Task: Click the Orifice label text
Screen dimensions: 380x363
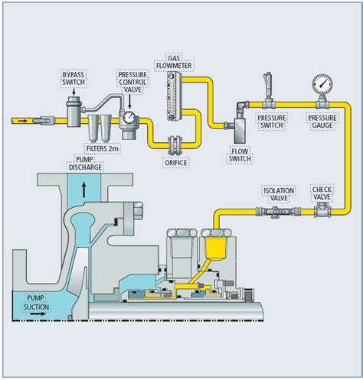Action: [175, 162]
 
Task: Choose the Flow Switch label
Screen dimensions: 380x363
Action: [241, 155]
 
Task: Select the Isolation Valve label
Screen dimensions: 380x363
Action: [275, 193]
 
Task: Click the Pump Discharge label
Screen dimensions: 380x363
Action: [85, 163]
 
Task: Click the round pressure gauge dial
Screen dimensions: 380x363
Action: [321, 82]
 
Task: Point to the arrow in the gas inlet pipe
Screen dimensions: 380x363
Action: [23, 119]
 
